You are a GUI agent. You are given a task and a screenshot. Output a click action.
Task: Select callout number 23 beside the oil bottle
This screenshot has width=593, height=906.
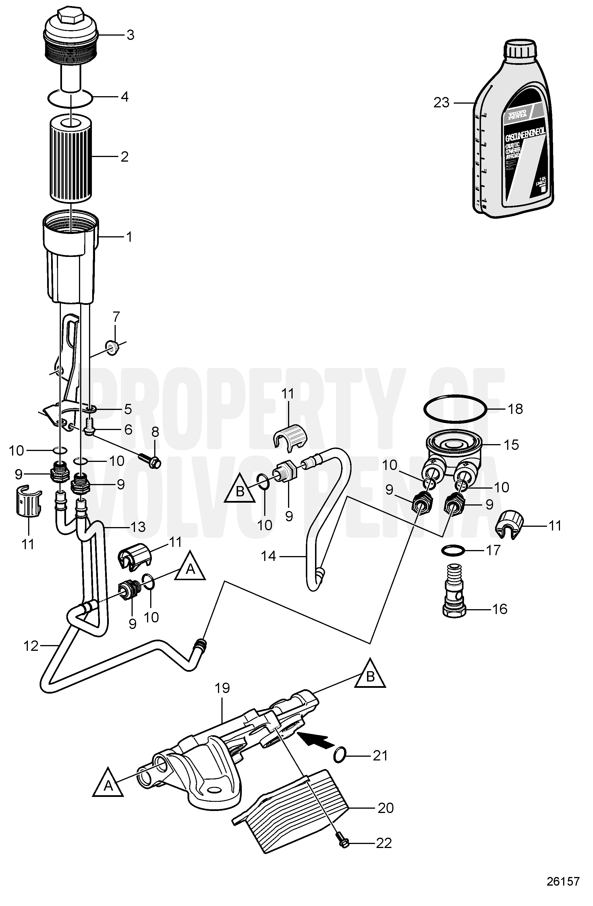441,103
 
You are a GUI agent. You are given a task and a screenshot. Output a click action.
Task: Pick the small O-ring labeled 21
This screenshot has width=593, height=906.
340,754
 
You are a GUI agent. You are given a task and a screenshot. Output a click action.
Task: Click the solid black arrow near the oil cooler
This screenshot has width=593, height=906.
315,741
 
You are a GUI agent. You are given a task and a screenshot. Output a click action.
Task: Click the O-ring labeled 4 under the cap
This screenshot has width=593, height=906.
70,98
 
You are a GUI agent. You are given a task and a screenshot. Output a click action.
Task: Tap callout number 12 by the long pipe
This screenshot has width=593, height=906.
31,646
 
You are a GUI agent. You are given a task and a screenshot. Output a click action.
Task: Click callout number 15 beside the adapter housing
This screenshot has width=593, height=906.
511,445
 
